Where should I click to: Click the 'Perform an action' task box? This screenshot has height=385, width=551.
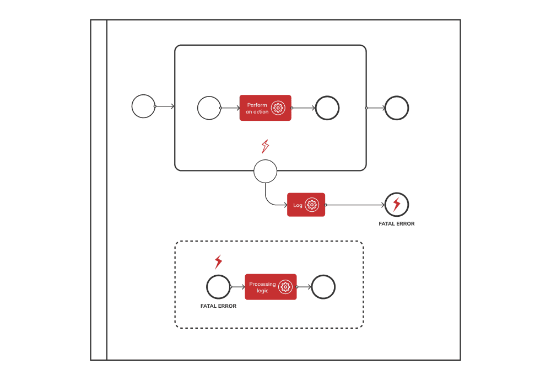point(265,108)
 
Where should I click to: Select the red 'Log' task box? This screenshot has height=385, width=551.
point(306,205)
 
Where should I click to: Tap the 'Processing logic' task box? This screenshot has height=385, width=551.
point(271,287)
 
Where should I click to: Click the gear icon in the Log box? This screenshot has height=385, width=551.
point(312,205)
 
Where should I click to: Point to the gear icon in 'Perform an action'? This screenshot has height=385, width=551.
point(278,108)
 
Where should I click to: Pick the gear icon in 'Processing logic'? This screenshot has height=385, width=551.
point(285,287)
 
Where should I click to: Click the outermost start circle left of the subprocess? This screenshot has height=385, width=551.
point(143,106)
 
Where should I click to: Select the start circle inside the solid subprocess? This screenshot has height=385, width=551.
point(209,108)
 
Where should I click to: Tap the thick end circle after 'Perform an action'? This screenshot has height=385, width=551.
point(327,108)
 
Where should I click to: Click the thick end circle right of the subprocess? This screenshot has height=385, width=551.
point(397,108)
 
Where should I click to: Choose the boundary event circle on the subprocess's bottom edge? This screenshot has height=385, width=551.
point(265,172)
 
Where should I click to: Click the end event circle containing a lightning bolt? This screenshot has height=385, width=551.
point(397,205)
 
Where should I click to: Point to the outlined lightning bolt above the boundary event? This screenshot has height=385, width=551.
point(265,146)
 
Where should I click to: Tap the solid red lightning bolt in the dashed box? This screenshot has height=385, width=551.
point(218,261)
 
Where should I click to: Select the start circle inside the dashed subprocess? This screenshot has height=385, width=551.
point(218,287)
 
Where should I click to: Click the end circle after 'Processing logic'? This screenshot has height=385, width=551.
point(323,287)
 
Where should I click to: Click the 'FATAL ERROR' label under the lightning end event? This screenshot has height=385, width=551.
point(397,224)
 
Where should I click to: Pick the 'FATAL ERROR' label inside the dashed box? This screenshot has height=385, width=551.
point(218,306)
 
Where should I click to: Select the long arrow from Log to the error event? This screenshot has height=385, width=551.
point(355,205)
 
